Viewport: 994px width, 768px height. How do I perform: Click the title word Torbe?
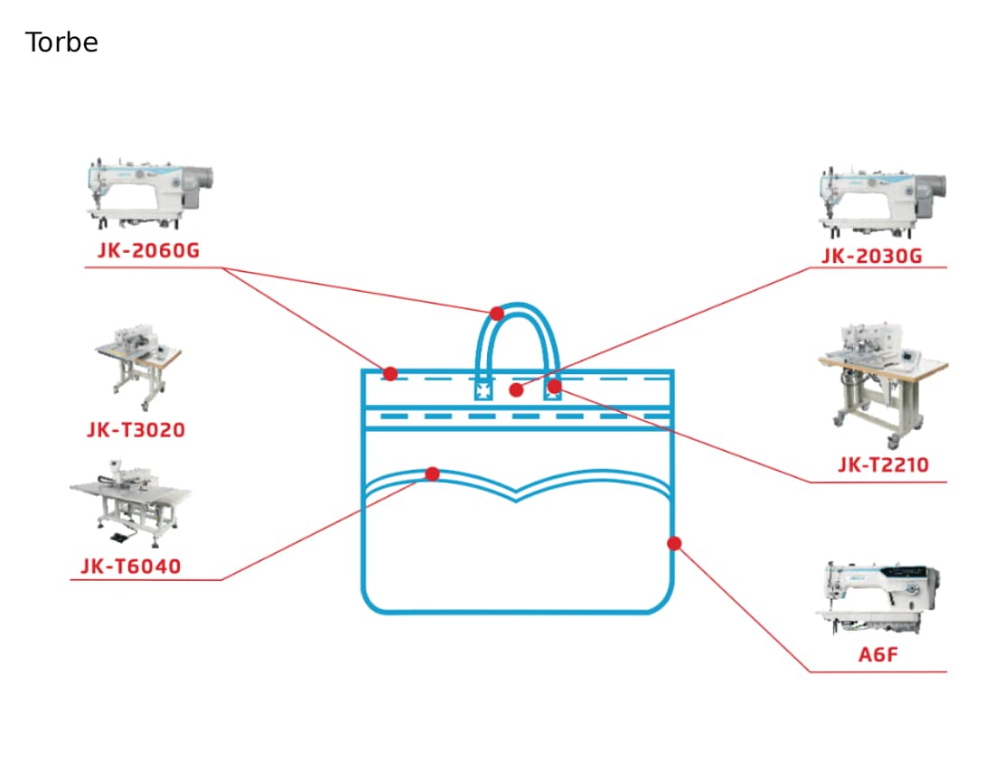pyautogui.click(x=61, y=42)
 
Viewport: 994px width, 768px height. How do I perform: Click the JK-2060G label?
pyautogui.click(x=148, y=250)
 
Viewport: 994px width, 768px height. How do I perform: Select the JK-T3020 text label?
pyautogui.click(x=136, y=430)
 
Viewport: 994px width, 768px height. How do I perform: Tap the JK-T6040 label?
pyautogui.click(x=131, y=566)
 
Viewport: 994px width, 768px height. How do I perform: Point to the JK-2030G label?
pyautogui.click(x=872, y=256)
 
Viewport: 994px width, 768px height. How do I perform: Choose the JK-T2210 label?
pyautogui.click(x=883, y=465)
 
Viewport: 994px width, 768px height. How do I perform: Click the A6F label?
pyautogui.click(x=878, y=654)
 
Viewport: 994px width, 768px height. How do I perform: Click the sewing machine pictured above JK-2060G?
pyautogui.click(x=150, y=194)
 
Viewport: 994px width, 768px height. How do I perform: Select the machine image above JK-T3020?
pyautogui.click(x=137, y=367)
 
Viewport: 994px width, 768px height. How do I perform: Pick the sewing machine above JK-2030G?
pyautogui.click(x=883, y=202)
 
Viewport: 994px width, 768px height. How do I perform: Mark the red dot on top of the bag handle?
pyautogui.click(x=497, y=313)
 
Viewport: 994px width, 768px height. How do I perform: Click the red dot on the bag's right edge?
pyautogui.click(x=674, y=543)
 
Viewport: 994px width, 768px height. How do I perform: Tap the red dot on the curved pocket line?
pyautogui.click(x=432, y=473)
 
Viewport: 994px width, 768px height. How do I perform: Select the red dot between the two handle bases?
pyautogui.click(x=517, y=389)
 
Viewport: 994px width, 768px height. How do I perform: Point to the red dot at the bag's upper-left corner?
pyautogui.click(x=390, y=373)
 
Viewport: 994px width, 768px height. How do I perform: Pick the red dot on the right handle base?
pyautogui.click(x=554, y=386)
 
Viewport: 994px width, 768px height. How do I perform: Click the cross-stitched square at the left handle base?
pyautogui.click(x=483, y=390)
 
